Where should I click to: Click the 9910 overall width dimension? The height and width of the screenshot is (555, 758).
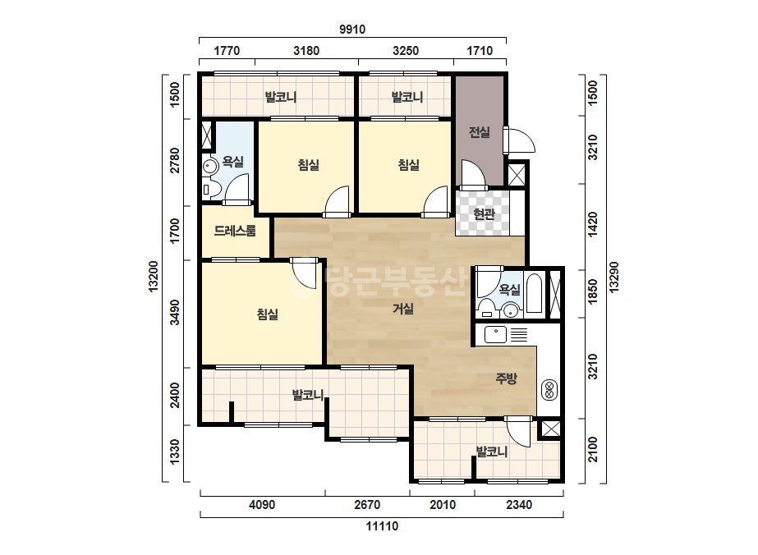coord(352,30)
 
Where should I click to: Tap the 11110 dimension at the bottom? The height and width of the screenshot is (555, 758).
coord(382,526)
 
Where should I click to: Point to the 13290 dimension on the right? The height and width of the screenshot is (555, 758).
coord(613,277)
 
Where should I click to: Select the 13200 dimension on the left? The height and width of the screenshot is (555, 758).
coord(154,276)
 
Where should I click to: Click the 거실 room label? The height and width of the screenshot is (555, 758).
coord(403,308)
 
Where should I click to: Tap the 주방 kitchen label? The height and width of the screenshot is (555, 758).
coord(506,378)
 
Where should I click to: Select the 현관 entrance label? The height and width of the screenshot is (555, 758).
coord(484,213)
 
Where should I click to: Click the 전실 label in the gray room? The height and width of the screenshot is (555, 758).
coord(480,132)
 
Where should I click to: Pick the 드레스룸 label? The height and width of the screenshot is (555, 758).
coord(235,231)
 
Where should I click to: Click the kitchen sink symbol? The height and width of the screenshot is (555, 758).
coord(495,334)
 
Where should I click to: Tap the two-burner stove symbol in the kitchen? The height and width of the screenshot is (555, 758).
coord(549,390)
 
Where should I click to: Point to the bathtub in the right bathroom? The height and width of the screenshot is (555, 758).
coord(534,293)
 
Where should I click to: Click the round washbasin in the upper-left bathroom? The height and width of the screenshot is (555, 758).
coord(209,167)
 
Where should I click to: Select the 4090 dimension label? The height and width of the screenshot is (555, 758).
coord(262,505)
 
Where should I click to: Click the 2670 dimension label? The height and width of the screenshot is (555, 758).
coord(367,505)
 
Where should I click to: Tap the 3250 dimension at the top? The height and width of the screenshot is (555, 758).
coord(406,51)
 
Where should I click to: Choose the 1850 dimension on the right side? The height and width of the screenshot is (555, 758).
coord(593,292)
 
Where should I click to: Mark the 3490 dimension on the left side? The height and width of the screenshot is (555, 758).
coord(175,312)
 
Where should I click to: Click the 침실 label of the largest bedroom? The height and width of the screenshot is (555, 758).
coord(268,314)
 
